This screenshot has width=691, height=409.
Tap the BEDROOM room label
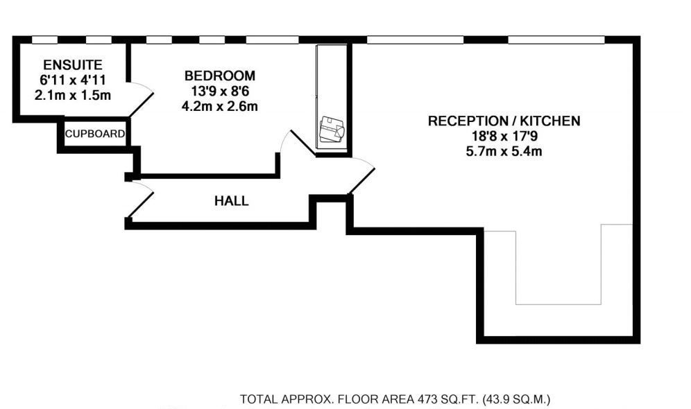coord(219,76)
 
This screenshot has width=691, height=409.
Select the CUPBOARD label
coord(95,134)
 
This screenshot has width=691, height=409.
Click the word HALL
coord(231,202)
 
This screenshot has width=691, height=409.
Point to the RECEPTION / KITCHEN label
coord(504,121)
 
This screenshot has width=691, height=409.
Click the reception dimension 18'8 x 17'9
coord(504,136)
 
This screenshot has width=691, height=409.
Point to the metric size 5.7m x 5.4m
coord(504,151)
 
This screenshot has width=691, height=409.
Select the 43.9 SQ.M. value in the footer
coord(515,400)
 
